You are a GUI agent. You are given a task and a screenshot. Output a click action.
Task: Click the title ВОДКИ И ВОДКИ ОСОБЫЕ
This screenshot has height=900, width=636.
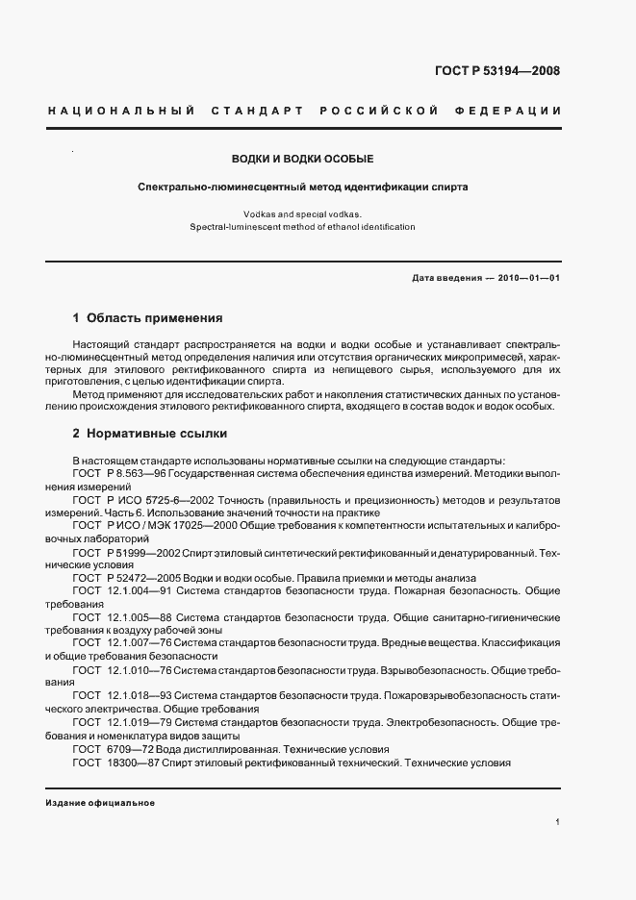tap(301, 158)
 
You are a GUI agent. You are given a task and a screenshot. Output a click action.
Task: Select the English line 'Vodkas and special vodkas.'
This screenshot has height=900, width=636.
tap(301, 213)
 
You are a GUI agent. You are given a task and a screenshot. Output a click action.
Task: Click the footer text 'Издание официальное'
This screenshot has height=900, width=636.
tap(100, 802)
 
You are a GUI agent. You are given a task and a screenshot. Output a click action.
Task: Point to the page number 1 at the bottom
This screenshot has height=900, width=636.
tap(558, 823)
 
